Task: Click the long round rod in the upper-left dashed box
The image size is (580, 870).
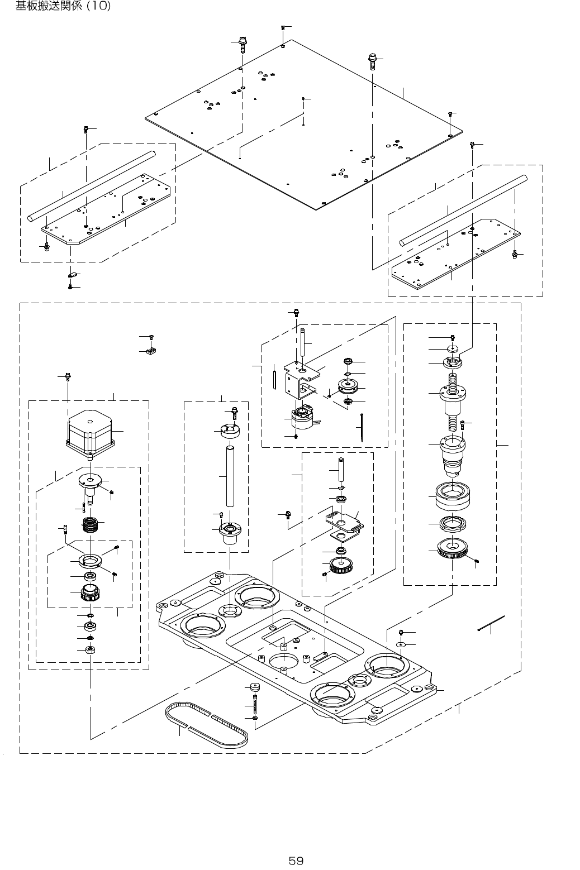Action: (92, 186)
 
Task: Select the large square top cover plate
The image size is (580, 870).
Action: (305, 123)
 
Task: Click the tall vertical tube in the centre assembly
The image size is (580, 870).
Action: (229, 475)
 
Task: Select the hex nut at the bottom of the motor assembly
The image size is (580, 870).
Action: (89, 649)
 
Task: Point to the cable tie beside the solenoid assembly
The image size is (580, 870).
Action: (362, 427)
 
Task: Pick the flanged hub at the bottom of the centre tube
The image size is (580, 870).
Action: (229, 532)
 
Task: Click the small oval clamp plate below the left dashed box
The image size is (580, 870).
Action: (71, 275)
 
